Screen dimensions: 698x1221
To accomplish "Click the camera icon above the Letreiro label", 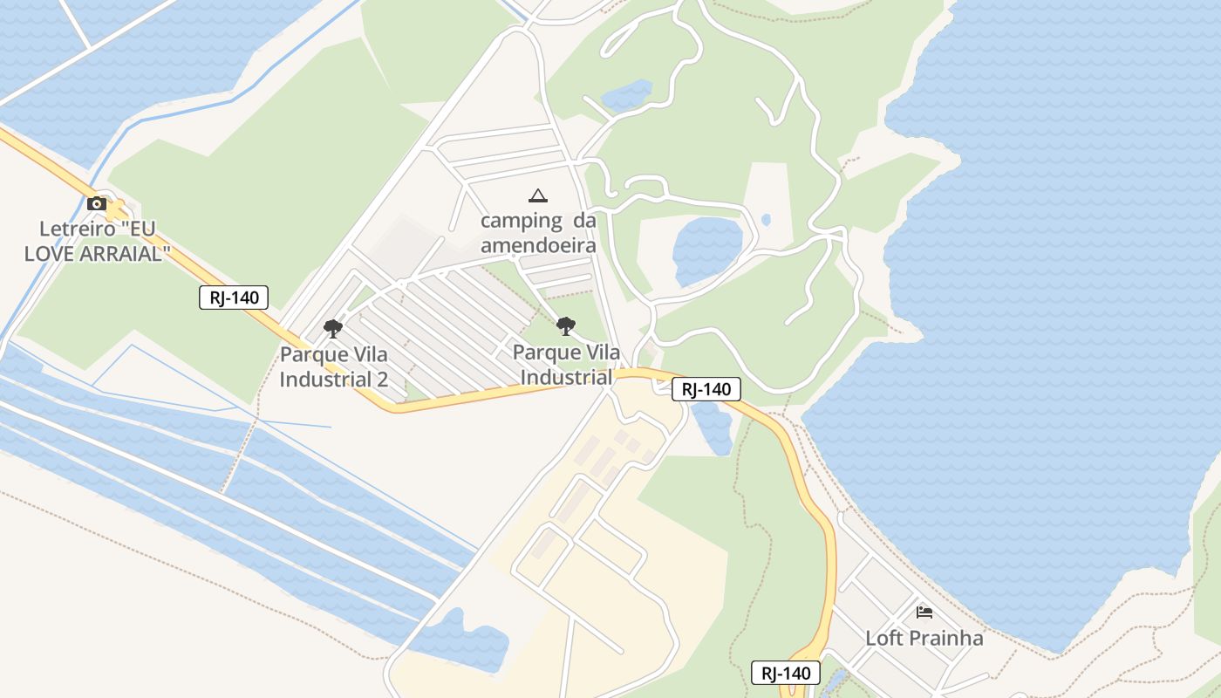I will (97, 204).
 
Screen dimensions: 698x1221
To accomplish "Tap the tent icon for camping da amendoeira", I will (538, 195).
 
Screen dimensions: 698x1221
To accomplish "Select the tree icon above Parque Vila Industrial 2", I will (332, 329).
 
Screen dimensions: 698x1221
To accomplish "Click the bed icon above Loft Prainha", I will (924, 612).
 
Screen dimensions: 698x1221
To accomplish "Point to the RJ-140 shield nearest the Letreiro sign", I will (234, 298).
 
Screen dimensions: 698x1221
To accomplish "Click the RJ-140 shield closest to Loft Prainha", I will (786, 673).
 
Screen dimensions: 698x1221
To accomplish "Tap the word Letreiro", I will (78, 229).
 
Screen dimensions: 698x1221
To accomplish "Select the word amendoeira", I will (538, 245).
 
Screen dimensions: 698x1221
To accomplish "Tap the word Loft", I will (883, 638).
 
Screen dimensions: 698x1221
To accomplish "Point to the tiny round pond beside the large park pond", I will (766, 220).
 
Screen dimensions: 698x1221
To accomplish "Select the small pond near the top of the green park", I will (626, 94).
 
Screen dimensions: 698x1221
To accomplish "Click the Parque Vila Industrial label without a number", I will (566, 365).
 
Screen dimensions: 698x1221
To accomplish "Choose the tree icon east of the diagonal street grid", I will (566, 327).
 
